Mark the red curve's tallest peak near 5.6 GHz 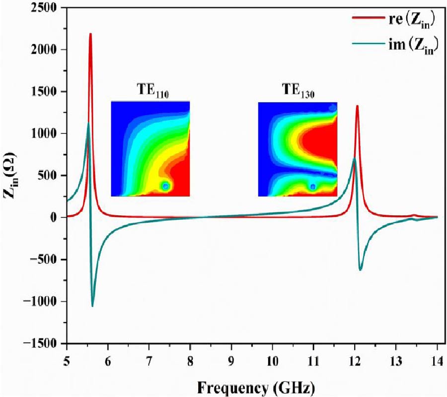click(x=90, y=34)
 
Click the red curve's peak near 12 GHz click(x=357, y=106)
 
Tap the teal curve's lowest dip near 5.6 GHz click(x=92, y=306)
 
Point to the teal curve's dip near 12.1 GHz click(x=361, y=269)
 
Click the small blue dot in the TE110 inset click(x=165, y=186)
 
